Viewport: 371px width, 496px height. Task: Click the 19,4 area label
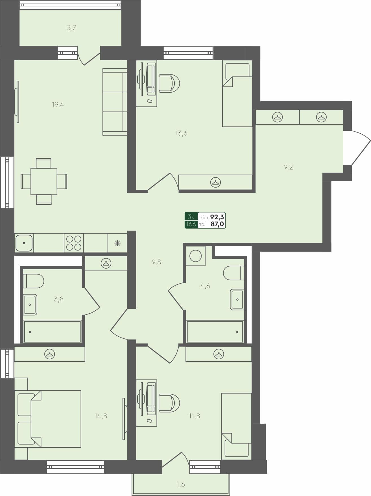[x=58, y=105]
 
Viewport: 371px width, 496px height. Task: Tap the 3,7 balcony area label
[x=72, y=28]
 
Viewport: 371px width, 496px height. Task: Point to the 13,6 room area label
[x=181, y=133]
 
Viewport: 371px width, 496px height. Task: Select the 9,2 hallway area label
[x=288, y=167]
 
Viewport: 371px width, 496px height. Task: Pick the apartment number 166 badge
[x=191, y=224]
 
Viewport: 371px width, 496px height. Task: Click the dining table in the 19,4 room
[x=44, y=181]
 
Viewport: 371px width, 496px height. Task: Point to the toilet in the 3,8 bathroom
[x=33, y=281]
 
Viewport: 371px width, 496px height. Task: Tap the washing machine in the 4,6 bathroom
[x=195, y=256]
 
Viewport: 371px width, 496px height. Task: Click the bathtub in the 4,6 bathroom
[x=215, y=332]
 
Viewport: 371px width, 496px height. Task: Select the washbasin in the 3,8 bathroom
[x=30, y=304]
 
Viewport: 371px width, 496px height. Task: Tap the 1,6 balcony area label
[x=181, y=484]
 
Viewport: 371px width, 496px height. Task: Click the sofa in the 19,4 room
[x=115, y=102]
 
